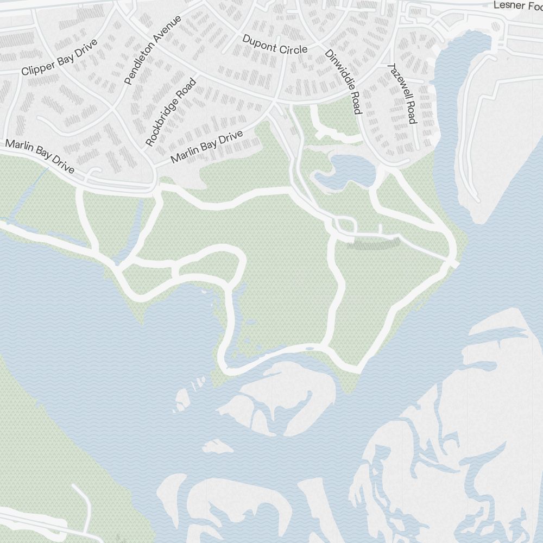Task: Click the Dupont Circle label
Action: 275,45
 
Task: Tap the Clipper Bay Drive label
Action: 59,57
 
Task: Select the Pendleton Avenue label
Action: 153,50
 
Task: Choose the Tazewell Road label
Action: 402,93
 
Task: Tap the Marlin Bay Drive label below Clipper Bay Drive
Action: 40,156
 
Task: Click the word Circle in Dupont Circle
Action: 293,48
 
